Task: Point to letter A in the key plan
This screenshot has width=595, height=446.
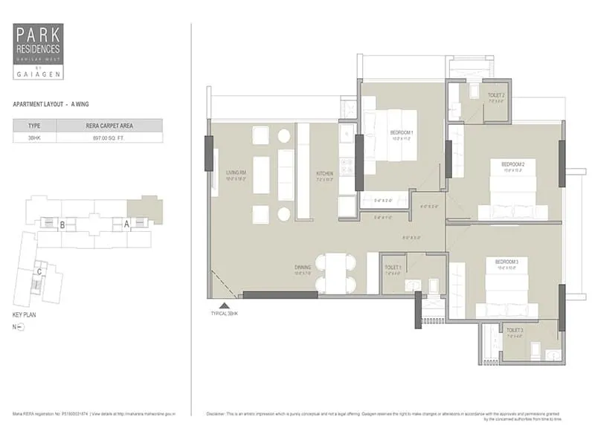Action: pos(127,223)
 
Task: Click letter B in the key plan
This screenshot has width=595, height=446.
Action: pos(63,224)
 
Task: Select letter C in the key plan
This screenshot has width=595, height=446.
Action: pos(39,271)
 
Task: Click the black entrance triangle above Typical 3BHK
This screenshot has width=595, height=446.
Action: pos(223,306)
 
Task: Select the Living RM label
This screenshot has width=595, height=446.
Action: pos(237,172)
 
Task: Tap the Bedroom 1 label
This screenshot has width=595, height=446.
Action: pos(401,132)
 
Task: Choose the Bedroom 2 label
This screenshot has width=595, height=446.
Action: pos(513,164)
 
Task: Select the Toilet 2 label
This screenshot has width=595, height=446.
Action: pos(496,96)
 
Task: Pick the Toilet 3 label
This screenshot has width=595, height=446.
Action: pos(515,330)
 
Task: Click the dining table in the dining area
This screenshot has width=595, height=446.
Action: pos(335,273)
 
